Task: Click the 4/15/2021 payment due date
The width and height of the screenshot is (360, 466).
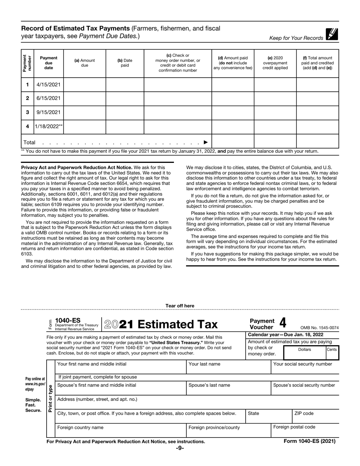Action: [x=49, y=84]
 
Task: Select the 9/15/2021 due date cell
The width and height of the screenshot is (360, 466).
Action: [x=49, y=113]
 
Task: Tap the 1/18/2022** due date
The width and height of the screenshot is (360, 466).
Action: [x=49, y=127]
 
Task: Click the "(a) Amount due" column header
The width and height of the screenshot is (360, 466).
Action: [x=85, y=63]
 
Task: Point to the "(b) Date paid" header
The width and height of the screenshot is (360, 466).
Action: [x=125, y=63]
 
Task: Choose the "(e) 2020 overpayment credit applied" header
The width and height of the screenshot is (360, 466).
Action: [x=275, y=63]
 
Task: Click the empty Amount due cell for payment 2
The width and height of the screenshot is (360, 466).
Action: [x=85, y=99]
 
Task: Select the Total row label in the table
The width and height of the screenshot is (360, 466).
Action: [x=30, y=142]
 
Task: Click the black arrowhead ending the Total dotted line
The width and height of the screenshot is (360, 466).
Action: [x=205, y=142]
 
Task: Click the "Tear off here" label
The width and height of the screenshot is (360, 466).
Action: [x=180, y=306]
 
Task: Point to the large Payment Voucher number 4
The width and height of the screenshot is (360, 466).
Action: [x=282, y=323]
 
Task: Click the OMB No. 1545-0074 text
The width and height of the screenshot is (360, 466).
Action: [x=319, y=328]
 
